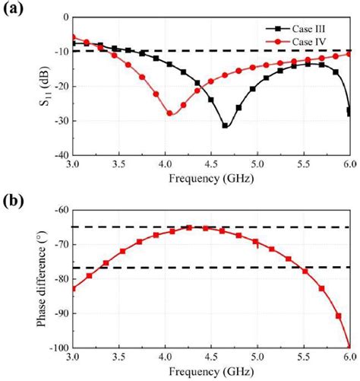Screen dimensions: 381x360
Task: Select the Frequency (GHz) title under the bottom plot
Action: [211, 373]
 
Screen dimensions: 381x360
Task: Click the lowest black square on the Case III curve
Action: [225, 125]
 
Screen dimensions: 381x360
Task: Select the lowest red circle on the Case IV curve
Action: [170, 113]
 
